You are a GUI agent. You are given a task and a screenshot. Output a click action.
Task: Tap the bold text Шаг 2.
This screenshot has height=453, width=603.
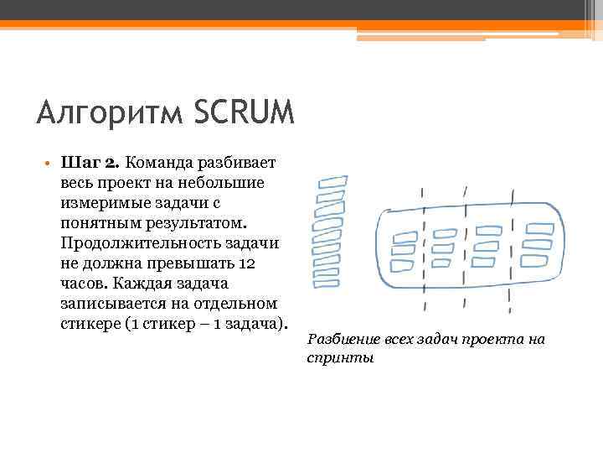(92, 161)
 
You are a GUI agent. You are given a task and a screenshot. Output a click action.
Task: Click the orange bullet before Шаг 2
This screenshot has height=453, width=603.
(50, 162)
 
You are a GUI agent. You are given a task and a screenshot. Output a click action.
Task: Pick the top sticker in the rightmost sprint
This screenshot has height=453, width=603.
(540, 228)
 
